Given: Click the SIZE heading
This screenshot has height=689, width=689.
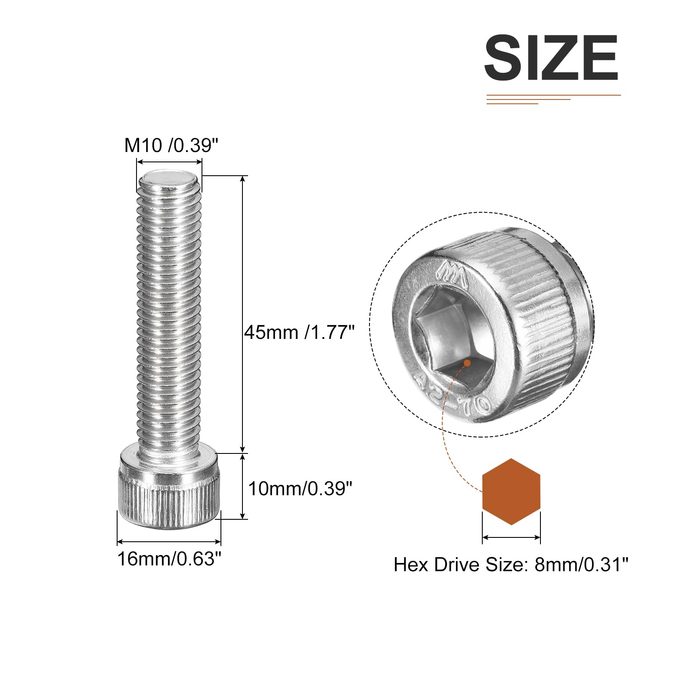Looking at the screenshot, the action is pos(551,58).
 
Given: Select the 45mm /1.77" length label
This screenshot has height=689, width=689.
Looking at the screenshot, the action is pos(299,332).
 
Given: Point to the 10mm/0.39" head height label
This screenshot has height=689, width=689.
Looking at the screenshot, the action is pos(300,489).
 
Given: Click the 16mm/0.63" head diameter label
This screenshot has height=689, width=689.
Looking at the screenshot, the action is pos(169,559).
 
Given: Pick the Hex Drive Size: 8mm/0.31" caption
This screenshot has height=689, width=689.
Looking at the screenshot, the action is pos(511,564).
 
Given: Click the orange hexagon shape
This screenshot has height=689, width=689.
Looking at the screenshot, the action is pos(511,492).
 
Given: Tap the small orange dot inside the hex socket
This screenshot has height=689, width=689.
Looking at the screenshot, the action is pos(467,363).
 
